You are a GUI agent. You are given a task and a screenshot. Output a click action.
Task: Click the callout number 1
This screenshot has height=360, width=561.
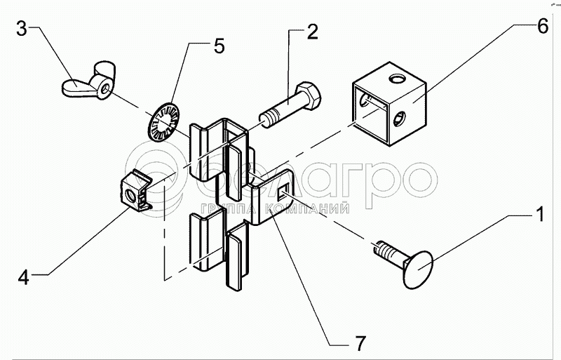click(x=540, y=214)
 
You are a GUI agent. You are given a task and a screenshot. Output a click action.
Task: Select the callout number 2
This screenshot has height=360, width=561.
click(x=311, y=31)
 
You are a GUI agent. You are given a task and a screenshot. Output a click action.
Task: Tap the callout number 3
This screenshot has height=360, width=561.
click(x=22, y=27)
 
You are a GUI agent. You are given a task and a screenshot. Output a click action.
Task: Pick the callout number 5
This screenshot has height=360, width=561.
click(x=219, y=46)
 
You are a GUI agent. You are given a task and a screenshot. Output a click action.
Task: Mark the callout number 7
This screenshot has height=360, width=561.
click(x=360, y=344)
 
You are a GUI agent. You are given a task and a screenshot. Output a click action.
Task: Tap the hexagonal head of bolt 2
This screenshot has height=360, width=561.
click(x=309, y=95)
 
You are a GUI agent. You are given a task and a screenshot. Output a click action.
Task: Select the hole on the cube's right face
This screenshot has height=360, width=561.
click(x=399, y=119)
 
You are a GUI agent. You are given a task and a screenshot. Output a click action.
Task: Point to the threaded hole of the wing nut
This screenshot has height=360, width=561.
click(x=104, y=88)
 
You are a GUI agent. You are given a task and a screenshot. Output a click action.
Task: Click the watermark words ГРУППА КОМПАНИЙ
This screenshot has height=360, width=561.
click(x=275, y=208)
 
